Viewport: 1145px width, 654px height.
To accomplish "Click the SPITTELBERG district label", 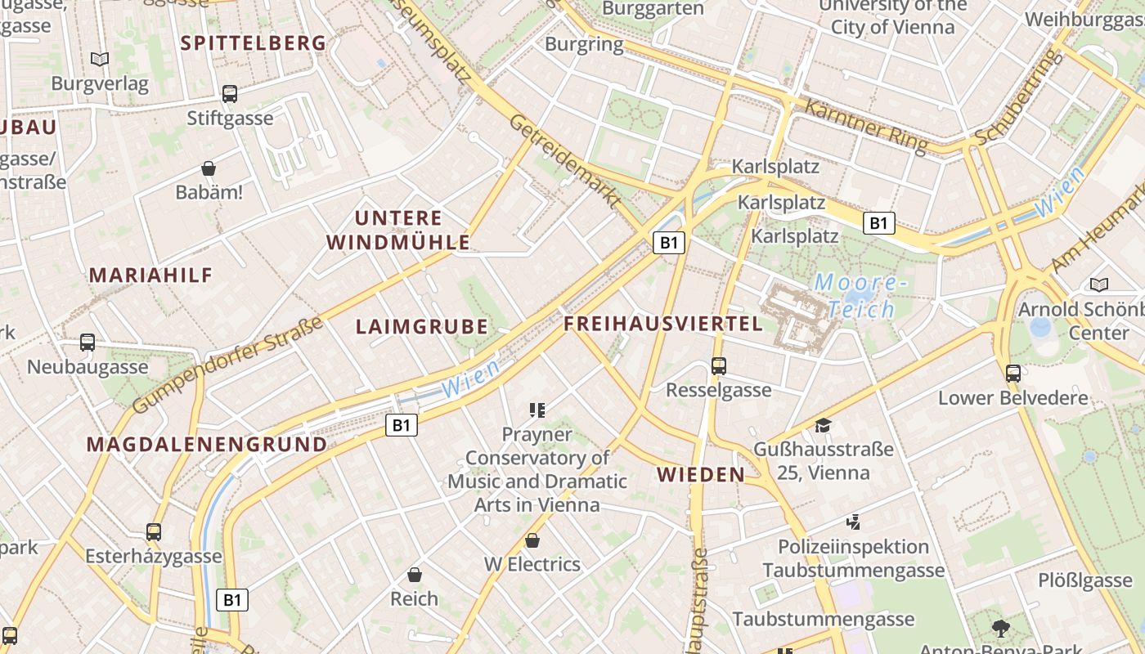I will tap(253, 43).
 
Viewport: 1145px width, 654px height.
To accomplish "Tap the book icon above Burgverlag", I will tap(100, 59).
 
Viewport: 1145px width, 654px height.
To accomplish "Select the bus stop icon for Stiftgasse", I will tap(230, 94).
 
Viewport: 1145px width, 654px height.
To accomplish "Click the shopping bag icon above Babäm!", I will tap(209, 169).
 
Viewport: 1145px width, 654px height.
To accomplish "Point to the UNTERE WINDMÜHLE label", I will tap(398, 231).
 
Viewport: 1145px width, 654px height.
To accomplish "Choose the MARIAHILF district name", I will tap(150, 275).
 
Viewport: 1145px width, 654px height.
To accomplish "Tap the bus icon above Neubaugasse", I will tap(88, 343).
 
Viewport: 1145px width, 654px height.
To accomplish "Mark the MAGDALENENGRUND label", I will tap(207, 445).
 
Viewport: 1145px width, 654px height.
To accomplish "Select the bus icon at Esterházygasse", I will tap(154, 532).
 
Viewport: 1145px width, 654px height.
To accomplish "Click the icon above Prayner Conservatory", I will tap(537, 410).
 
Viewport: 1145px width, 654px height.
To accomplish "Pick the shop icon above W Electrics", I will tap(532, 540).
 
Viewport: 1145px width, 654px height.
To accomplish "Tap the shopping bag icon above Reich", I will tap(415, 575).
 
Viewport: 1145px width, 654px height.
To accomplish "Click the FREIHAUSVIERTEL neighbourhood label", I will tap(663, 324).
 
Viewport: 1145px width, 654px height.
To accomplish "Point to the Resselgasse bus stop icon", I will tap(719, 365).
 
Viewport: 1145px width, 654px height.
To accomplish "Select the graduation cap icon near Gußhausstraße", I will tap(823, 425).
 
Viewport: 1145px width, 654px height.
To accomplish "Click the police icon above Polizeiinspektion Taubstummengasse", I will tap(853, 522).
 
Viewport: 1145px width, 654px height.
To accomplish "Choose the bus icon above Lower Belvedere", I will tap(1013, 374).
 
